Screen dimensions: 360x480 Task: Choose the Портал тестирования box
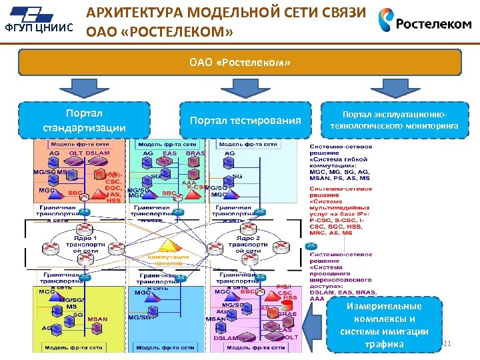[245, 121]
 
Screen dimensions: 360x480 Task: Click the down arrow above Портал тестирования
[235, 88]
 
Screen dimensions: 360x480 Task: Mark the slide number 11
[447, 343]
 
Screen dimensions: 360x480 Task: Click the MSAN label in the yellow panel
[97, 319]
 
